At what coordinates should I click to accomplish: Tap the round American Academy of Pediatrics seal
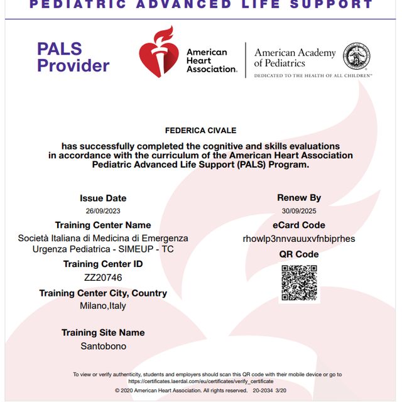click(357, 56)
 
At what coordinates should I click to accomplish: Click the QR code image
click(299, 283)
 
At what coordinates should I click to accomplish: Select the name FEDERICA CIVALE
click(201, 131)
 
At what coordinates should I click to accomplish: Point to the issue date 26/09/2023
click(103, 211)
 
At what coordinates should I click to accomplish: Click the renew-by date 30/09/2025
click(299, 211)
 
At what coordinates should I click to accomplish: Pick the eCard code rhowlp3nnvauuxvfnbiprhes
click(299, 239)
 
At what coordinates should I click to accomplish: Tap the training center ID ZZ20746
click(103, 278)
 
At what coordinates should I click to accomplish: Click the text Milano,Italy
click(103, 306)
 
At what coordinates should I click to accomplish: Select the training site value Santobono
click(103, 346)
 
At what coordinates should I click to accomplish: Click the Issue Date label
click(103, 198)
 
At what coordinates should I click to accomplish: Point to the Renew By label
click(299, 198)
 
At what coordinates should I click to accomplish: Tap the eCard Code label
click(299, 225)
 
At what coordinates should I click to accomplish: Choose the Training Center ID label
click(103, 264)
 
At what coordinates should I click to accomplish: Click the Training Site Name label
click(103, 332)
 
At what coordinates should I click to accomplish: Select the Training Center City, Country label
click(103, 293)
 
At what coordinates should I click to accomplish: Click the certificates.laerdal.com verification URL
click(201, 381)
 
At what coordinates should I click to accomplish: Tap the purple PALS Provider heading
click(73, 57)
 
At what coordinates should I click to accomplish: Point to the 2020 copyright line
click(201, 390)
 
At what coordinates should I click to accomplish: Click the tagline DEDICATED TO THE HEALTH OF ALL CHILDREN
click(313, 75)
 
